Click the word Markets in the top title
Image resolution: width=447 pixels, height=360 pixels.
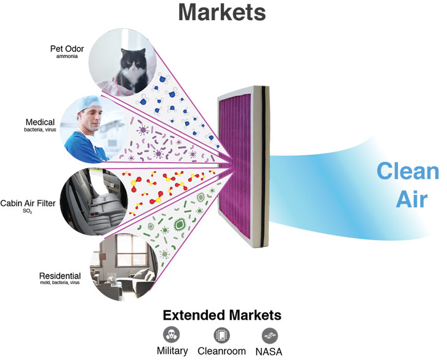(x=222, y=12)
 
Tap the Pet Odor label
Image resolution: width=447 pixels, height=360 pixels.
(x=67, y=49)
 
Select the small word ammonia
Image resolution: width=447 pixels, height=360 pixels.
(x=67, y=56)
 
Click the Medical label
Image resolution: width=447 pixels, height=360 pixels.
(x=40, y=122)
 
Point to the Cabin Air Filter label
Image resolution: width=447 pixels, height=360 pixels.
(x=28, y=204)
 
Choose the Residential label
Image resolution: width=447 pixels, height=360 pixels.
(x=60, y=276)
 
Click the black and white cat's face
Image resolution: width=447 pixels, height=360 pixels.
(x=133, y=61)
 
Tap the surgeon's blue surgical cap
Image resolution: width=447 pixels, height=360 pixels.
(x=89, y=103)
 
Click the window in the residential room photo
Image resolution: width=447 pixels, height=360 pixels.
(x=131, y=251)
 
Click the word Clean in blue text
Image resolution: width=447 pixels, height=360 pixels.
(x=408, y=171)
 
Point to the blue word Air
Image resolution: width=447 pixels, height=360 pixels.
(x=412, y=199)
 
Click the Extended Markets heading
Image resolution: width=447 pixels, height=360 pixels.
(x=222, y=315)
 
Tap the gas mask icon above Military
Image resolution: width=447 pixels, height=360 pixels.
(x=172, y=334)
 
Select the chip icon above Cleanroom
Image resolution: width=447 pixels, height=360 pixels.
(x=221, y=335)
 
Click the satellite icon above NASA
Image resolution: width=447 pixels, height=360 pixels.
(x=270, y=336)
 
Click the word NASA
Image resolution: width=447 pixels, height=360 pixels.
(x=269, y=351)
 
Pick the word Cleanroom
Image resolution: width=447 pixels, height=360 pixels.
(x=221, y=351)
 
